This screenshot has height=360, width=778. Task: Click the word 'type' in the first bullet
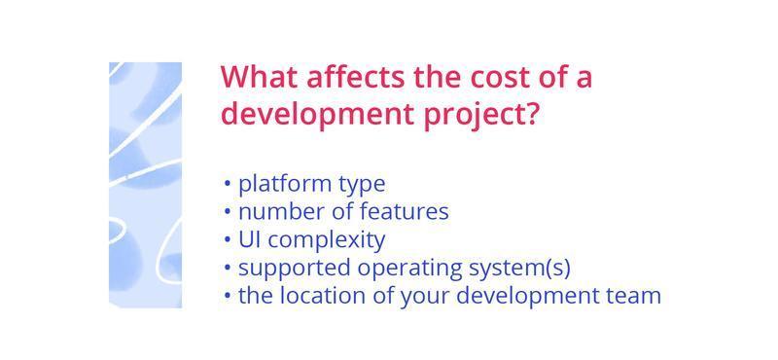tap(362, 185)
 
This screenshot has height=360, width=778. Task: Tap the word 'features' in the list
tap(405, 211)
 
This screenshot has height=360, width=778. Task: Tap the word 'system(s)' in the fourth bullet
tap(520, 268)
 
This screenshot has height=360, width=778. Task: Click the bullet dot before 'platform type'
tap(228, 184)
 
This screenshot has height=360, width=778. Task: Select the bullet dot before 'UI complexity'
tap(228, 239)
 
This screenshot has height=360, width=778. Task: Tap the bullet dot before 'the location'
tap(228, 296)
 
